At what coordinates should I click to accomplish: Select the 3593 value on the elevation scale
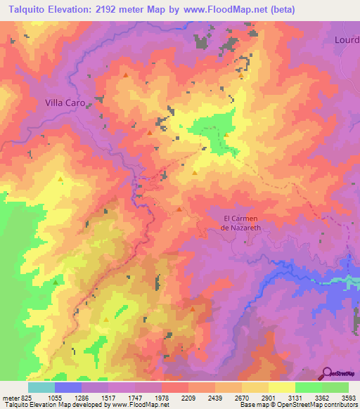349,398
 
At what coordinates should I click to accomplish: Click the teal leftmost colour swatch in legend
41,387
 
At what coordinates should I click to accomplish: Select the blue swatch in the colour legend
68,387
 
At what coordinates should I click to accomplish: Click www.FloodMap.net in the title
226,9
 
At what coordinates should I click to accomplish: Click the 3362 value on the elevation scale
322,398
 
